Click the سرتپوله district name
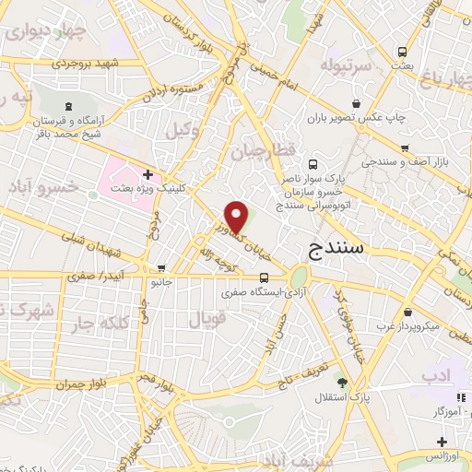coord(345,67)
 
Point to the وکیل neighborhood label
coord(183,131)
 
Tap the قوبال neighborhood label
coord(207,322)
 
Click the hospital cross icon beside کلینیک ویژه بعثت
coord(148,172)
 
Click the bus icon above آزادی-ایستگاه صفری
coord(265,277)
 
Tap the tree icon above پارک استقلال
coord(342,383)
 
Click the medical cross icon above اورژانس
coord(439,442)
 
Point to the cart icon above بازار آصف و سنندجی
coord(405,147)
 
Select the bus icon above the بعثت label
coord(402,53)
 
